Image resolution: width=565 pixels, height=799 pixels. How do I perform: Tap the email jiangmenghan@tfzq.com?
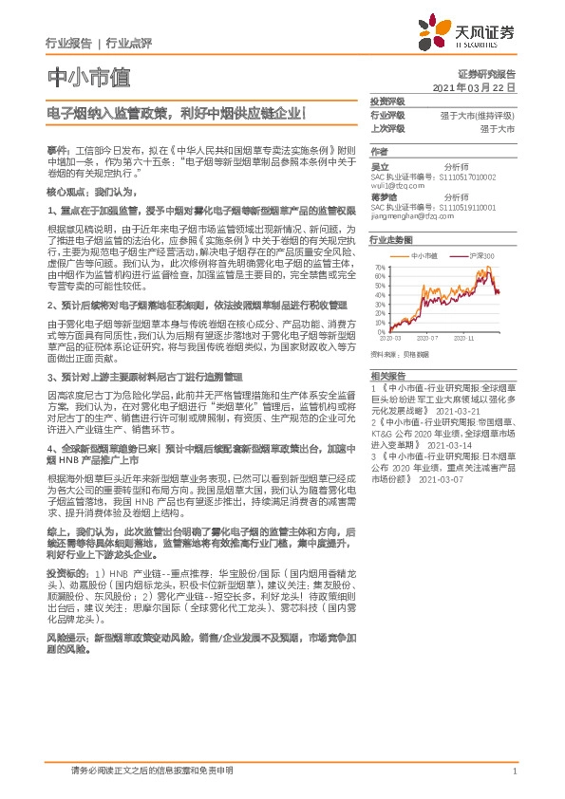[x=405, y=217]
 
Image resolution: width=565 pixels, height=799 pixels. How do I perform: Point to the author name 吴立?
[x=379, y=165]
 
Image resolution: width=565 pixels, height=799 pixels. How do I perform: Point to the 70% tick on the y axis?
[x=380, y=268]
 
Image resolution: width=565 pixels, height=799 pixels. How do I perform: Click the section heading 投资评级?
[x=387, y=101]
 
